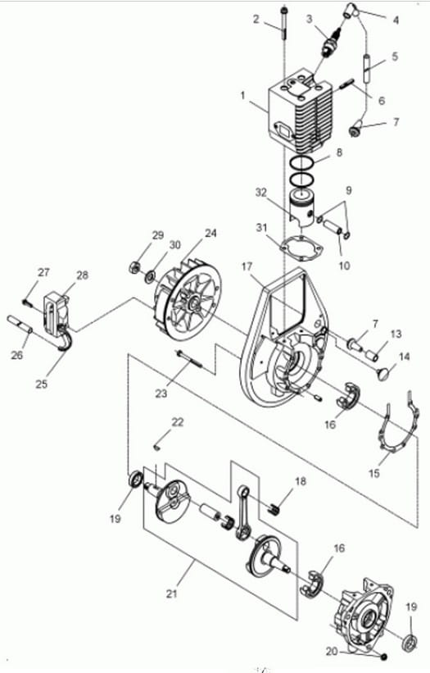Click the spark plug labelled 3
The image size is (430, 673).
click(332, 42)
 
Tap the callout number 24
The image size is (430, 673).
click(210, 233)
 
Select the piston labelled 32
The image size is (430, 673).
click(304, 208)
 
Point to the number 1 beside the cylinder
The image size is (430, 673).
click(243, 95)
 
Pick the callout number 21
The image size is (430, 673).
click(171, 594)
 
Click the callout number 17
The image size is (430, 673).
click(247, 267)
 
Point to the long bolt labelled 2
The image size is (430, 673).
click(283, 24)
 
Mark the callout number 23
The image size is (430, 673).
click(161, 393)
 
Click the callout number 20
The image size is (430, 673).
click(332, 652)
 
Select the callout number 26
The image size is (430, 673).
click(16, 355)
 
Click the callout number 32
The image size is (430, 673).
click(261, 193)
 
